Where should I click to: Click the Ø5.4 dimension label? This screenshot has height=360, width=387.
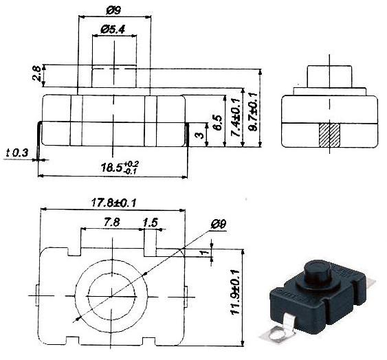113,29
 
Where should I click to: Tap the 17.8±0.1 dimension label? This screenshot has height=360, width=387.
113,202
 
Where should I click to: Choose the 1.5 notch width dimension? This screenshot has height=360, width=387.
151,222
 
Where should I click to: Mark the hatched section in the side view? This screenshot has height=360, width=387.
331,134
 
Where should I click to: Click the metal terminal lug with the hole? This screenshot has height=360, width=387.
278,334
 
